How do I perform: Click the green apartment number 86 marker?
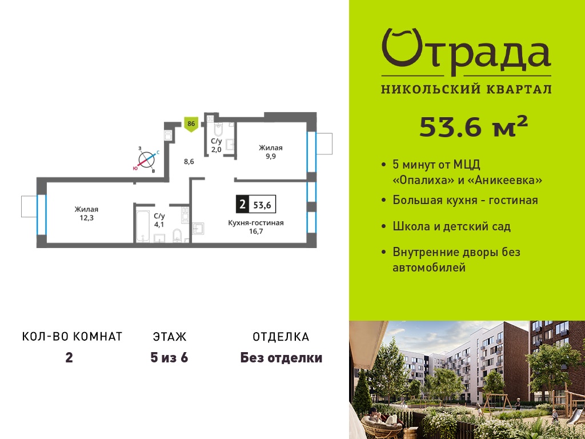191,125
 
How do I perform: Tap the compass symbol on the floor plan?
147,160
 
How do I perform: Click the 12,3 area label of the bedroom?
86,218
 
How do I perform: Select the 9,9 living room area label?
270,157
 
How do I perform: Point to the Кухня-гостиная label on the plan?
256,223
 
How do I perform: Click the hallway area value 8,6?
189,162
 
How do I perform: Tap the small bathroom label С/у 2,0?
217,146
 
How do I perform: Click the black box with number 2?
242,204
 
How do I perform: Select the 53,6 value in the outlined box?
262,205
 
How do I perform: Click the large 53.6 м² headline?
474,126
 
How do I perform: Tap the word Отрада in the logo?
466,52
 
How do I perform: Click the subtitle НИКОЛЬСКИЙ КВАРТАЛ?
466,89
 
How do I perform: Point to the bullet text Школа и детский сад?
452,226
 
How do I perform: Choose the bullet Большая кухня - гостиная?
465,200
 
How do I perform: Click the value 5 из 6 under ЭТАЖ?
169,358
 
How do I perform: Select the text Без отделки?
281,358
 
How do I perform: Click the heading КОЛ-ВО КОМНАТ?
73,337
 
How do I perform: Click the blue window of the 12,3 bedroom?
41,214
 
